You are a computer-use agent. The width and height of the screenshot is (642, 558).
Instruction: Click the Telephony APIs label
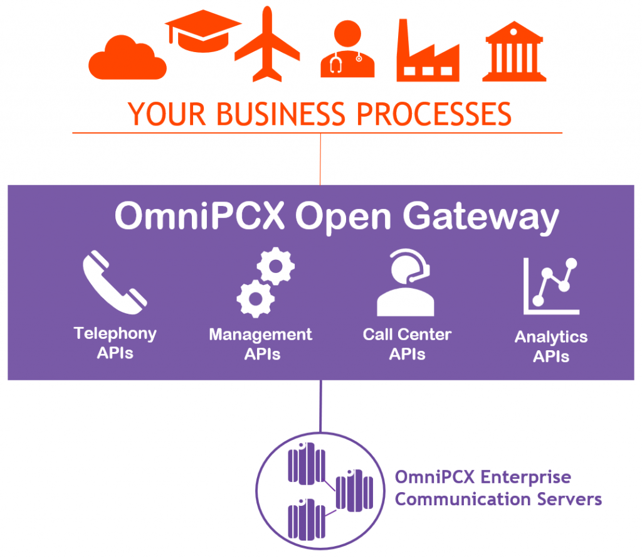pos(115,343)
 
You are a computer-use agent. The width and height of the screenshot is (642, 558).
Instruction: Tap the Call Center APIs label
pos(407,344)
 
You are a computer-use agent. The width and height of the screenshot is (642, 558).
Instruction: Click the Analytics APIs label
pos(551,346)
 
